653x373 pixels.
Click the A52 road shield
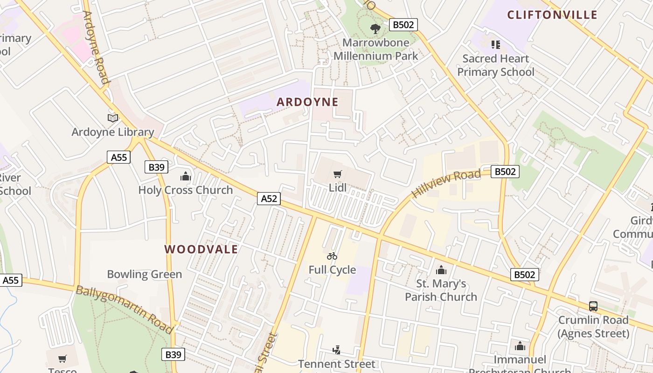click(x=269, y=199)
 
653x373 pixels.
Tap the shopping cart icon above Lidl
click(x=338, y=174)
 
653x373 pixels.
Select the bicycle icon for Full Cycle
click(x=332, y=256)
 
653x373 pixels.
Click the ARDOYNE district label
click(x=307, y=102)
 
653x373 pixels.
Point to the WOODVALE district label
click(x=201, y=249)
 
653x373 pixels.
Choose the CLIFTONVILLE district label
click(x=552, y=15)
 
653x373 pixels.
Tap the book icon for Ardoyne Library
click(x=113, y=118)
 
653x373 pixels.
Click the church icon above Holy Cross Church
click(x=186, y=176)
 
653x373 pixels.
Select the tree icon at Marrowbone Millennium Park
click(x=375, y=29)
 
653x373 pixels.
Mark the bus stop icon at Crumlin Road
click(x=593, y=306)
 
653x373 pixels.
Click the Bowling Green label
click(x=145, y=274)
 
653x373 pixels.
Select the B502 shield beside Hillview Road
click(x=505, y=172)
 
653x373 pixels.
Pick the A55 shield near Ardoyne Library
click(x=119, y=157)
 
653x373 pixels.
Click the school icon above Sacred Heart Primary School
click(x=496, y=45)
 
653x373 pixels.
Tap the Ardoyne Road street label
click(x=96, y=48)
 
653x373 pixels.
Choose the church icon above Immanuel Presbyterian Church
click(x=520, y=346)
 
